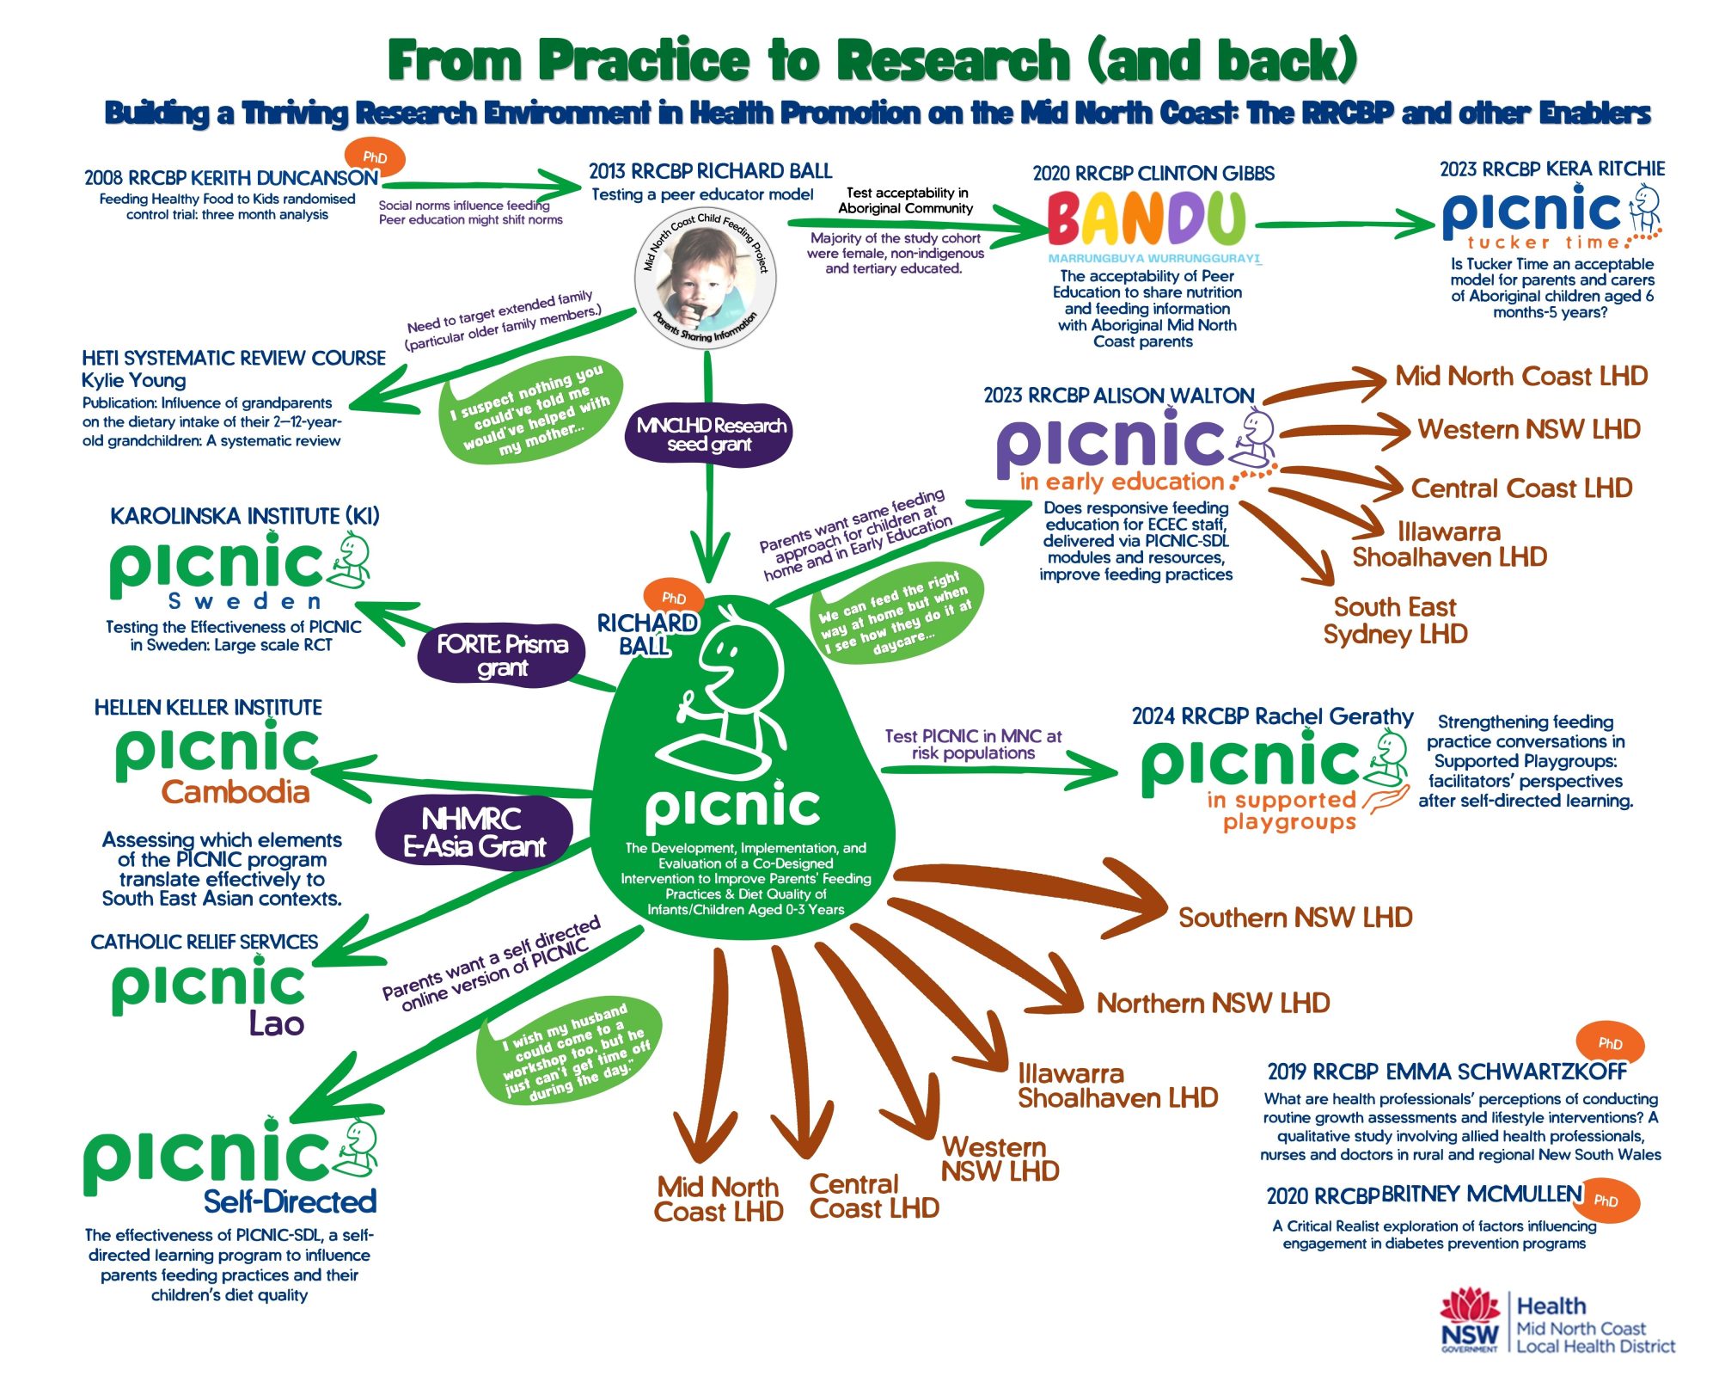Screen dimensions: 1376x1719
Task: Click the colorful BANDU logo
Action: pyautogui.click(x=1147, y=218)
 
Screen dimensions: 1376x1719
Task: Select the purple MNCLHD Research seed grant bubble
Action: pyautogui.click(x=710, y=434)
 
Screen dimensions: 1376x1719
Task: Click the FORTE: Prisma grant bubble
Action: pyautogui.click(x=502, y=655)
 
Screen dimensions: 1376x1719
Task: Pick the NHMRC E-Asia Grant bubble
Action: pyautogui.click(x=474, y=832)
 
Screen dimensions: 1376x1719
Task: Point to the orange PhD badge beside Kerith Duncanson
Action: pyautogui.click(x=375, y=157)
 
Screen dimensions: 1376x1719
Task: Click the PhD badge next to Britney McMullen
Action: pyautogui.click(x=1606, y=1201)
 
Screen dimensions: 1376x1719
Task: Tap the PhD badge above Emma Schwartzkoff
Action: pyautogui.click(x=1610, y=1043)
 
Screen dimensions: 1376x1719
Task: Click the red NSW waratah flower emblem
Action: pyautogui.click(x=1470, y=1309)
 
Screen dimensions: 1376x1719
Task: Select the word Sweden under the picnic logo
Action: pyautogui.click(x=246, y=600)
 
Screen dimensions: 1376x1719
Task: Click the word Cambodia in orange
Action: pyautogui.click(x=236, y=792)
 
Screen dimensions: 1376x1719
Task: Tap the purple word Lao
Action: pyautogui.click(x=277, y=1023)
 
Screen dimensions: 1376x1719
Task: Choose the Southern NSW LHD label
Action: pyautogui.click(x=1295, y=918)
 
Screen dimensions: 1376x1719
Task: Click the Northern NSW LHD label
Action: pyautogui.click(x=1213, y=1003)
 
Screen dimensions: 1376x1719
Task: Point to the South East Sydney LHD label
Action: pyautogui.click(x=1395, y=621)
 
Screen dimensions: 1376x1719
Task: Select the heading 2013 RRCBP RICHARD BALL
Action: pyautogui.click(x=710, y=171)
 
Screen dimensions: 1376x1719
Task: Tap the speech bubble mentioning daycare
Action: pyautogui.click(x=896, y=612)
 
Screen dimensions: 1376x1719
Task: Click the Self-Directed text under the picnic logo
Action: pyautogui.click(x=290, y=1201)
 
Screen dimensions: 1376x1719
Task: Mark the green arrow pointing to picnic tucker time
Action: pyautogui.click(x=1345, y=224)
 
